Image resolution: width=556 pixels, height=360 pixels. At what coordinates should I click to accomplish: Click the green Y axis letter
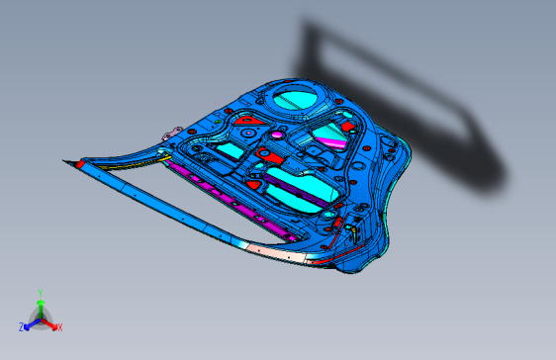40,293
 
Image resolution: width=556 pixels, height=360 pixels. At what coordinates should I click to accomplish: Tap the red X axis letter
59,326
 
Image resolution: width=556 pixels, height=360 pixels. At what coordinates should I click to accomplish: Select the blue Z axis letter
22,326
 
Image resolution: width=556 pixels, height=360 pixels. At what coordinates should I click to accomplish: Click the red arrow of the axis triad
50,322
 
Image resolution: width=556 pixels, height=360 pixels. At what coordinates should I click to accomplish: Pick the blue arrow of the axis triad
31,322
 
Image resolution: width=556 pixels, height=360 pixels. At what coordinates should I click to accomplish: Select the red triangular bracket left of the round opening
248,119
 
